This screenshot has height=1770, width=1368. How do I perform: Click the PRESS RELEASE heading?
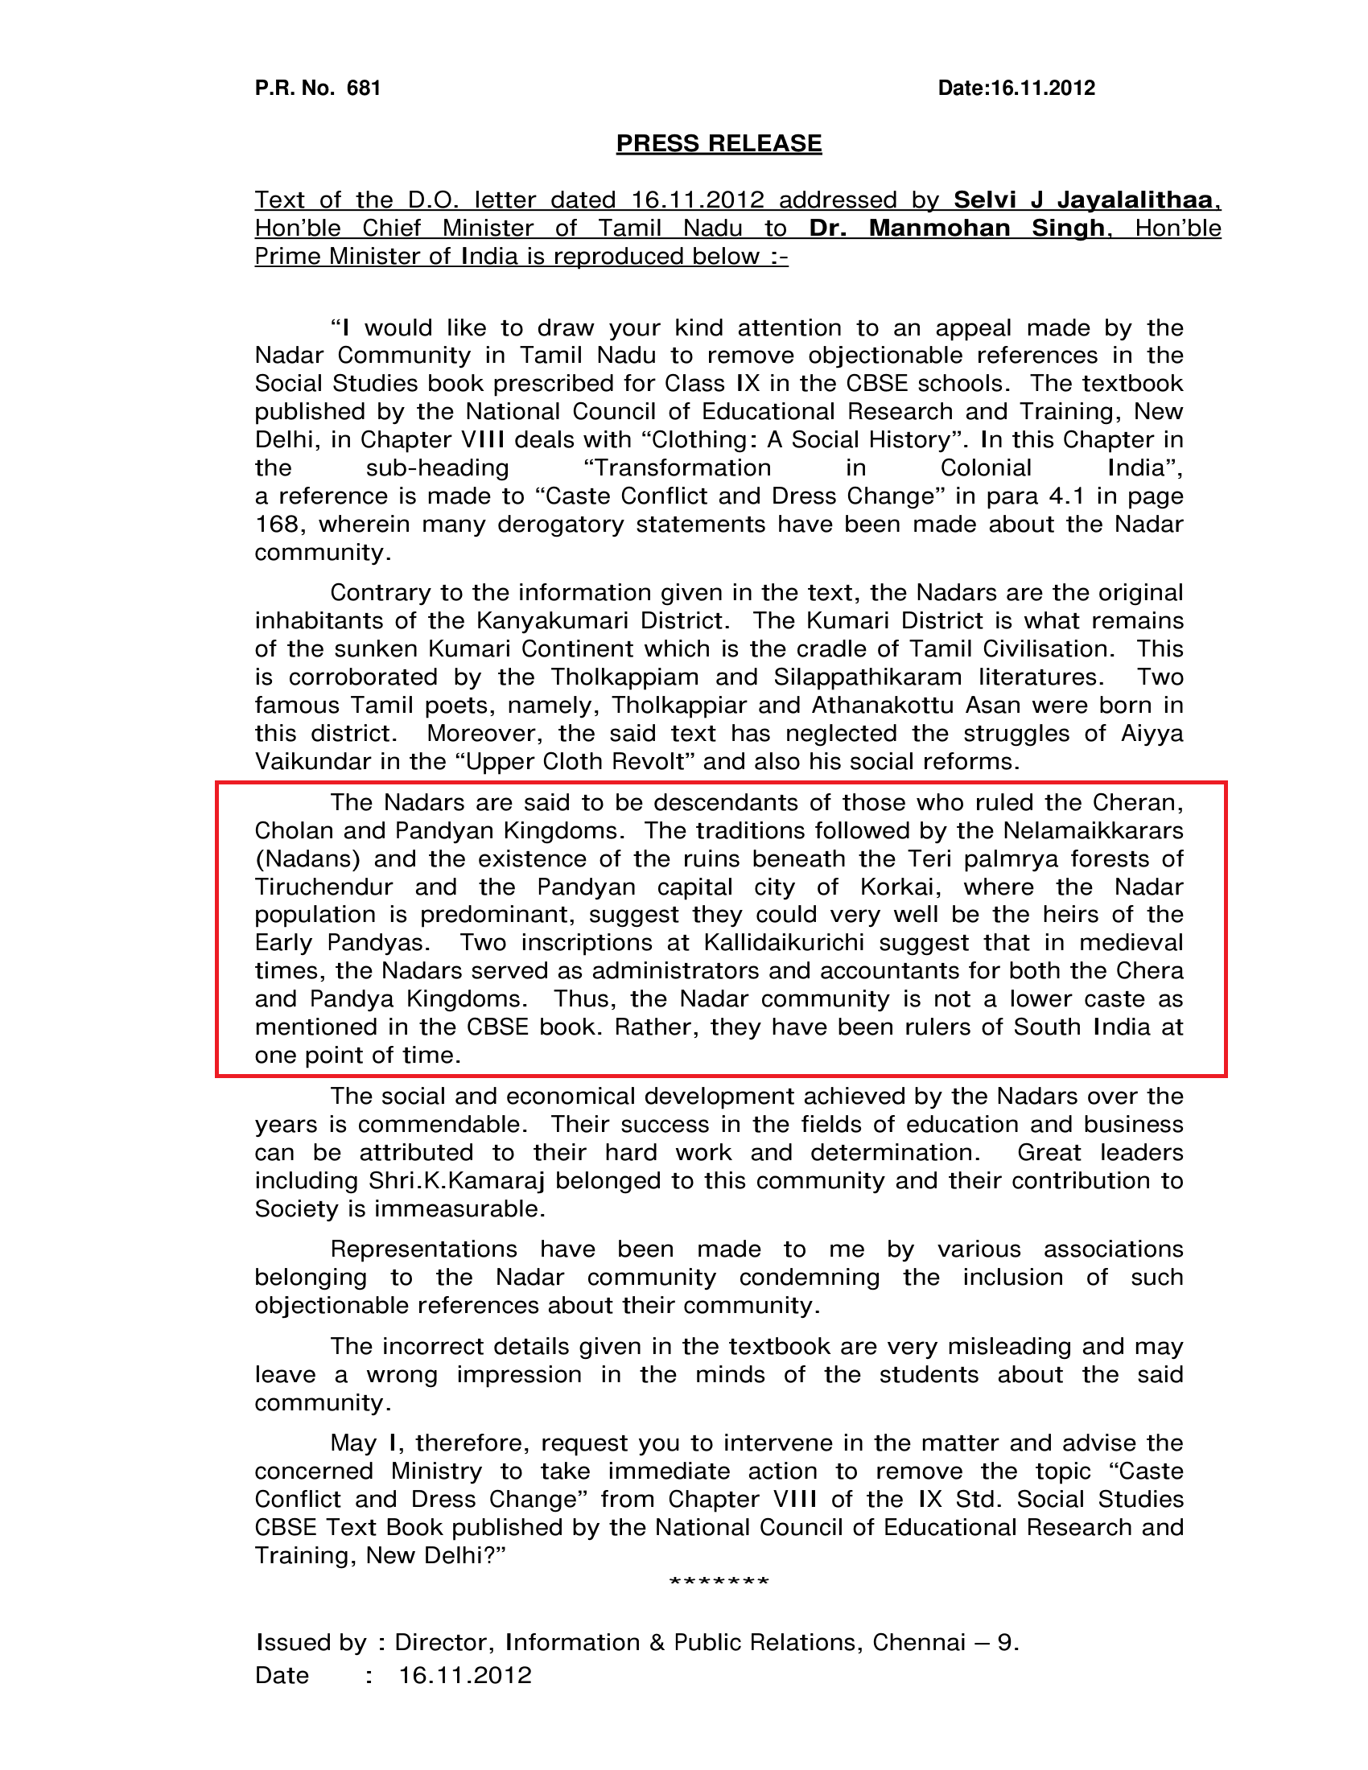[719, 143]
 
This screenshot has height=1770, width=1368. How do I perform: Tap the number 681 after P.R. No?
[364, 88]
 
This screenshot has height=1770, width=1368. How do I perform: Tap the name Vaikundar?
[314, 762]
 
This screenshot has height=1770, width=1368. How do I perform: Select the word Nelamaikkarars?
[1093, 831]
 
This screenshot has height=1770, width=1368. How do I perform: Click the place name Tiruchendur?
[324, 887]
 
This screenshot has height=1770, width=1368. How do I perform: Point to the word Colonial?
[986, 467]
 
